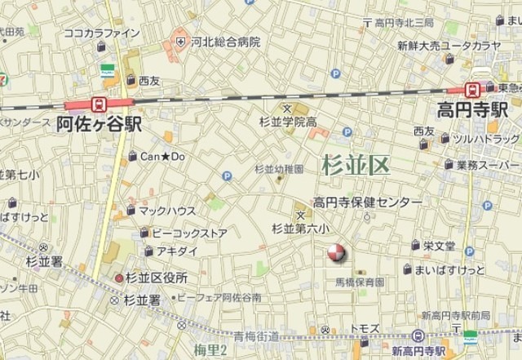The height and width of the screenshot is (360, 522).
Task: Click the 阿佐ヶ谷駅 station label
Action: [99, 124]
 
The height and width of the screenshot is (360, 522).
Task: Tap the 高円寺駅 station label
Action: [472, 109]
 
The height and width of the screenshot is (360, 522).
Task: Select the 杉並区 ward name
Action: [356, 166]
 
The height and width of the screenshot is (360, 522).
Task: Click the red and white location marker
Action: [336, 255]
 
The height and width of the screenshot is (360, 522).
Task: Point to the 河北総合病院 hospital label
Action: [225, 41]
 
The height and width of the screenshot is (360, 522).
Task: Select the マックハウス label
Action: [165, 210]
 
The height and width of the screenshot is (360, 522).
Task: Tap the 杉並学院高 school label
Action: [287, 122]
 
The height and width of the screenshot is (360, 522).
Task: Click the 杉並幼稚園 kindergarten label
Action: [279, 169]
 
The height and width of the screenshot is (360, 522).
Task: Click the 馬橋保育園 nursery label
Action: [360, 282]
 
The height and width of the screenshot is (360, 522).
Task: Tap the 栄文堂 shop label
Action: [439, 246]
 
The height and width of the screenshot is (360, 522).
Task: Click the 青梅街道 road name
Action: [256, 336]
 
